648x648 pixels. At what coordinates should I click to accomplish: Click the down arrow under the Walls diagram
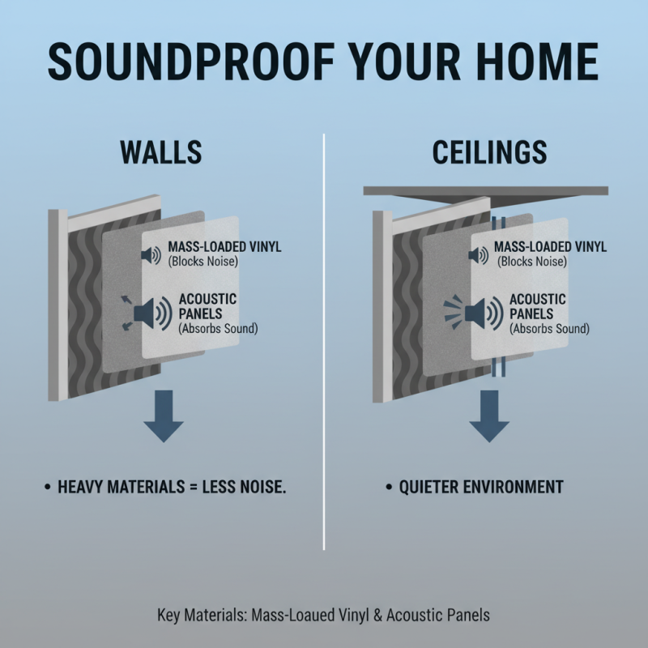tap(164, 415)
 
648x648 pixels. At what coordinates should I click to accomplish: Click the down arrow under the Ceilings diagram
tap(488, 415)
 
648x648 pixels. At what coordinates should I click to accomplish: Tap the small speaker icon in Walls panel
tap(151, 255)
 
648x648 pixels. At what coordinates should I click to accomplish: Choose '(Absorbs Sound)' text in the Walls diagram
tap(212, 328)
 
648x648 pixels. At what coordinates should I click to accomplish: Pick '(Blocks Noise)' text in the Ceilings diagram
tap(533, 262)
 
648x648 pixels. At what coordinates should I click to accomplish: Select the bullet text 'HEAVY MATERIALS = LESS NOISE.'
tap(173, 488)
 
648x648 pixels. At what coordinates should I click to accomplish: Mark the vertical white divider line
tap(324, 340)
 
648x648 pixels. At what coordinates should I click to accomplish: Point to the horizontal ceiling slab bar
tap(486, 191)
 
